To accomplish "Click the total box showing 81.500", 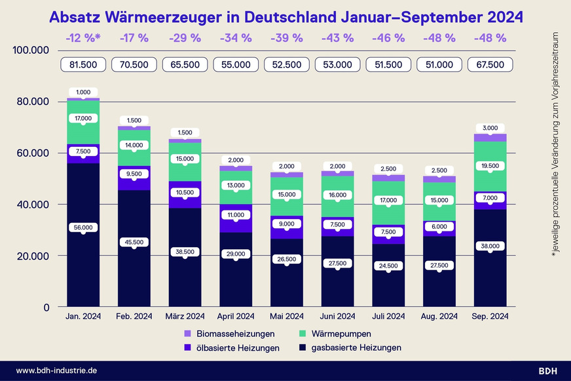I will click(83, 64).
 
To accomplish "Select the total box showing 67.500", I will click(490, 64).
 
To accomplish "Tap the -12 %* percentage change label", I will click(83, 38).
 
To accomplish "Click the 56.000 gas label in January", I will click(83, 227).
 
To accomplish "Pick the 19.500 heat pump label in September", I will click(490, 167).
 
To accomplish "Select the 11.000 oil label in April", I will click(235, 214).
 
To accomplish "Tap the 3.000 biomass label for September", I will click(490, 127).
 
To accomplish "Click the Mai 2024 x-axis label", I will click(287, 317).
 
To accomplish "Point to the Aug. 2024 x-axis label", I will click(439, 317).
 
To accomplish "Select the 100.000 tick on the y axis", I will click(31, 50).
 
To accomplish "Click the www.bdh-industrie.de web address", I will click(57, 371).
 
